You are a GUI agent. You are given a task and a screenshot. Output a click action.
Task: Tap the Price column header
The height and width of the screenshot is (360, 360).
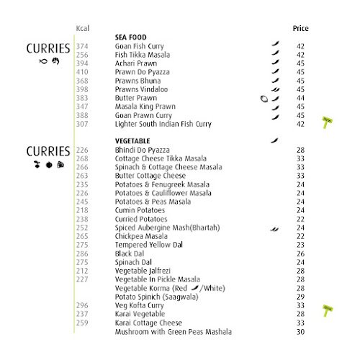[300, 29]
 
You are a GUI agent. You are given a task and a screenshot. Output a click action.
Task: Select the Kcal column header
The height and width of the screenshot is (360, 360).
[84, 29]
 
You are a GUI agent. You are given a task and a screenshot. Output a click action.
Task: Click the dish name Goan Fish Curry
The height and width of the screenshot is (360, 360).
[139, 46]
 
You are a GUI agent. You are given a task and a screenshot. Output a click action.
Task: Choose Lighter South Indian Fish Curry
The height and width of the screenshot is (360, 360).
[163, 124]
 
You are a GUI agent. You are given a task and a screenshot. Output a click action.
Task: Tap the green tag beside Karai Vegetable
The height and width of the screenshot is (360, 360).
[327, 310]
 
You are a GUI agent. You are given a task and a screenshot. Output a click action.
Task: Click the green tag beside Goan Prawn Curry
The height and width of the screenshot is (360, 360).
[327, 120]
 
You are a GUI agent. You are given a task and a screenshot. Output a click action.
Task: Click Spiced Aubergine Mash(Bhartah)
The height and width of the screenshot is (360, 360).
[167, 228]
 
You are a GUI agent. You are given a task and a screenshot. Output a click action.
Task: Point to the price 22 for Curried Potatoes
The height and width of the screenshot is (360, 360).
[300, 219]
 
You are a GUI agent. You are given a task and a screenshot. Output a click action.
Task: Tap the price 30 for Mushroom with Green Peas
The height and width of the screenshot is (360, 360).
[300, 331]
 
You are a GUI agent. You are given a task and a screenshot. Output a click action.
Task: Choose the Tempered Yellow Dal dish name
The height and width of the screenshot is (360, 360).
[146, 245]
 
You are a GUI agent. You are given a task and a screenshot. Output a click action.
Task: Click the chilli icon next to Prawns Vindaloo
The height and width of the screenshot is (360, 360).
[274, 89]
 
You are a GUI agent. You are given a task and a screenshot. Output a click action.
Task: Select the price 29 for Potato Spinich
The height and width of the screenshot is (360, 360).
[300, 297]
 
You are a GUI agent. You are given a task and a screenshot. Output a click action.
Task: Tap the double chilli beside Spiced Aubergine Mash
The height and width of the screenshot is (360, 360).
[274, 228]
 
